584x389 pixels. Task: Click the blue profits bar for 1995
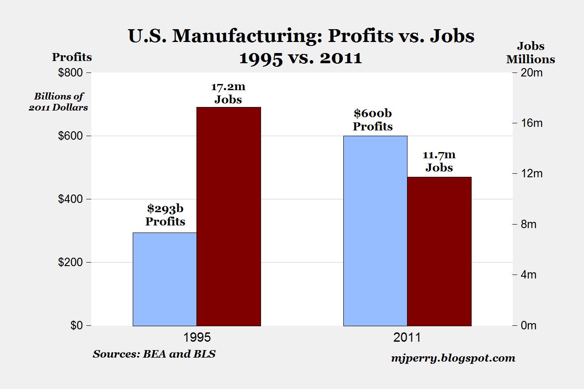coord(165,279)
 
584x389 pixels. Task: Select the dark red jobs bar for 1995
coord(229,216)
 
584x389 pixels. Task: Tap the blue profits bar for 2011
coord(375,230)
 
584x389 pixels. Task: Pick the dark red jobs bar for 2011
coord(439,251)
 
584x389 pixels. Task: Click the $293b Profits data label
coord(165,215)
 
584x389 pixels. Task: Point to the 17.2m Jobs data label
coord(228,93)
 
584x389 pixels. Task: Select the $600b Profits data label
coord(373,120)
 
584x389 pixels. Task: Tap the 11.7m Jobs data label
coord(439,161)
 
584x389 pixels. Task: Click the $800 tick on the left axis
coord(71,72)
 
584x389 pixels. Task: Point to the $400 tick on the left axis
coord(71,199)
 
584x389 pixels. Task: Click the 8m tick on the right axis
coord(527,225)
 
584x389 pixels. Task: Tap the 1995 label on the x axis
coord(197,338)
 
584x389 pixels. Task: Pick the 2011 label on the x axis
coord(407,338)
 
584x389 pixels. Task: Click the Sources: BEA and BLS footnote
coord(154,354)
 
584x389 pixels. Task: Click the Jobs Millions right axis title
coord(530,53)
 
